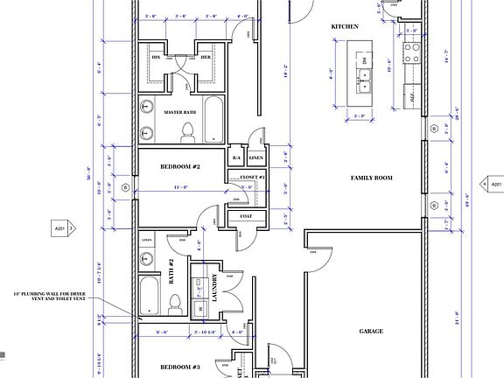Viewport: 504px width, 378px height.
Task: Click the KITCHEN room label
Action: pos(346,27)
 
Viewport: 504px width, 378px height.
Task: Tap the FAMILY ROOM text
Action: pos(370,178)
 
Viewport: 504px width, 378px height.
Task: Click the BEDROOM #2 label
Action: pos(181,165)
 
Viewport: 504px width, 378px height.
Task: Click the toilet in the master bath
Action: pos(185,132)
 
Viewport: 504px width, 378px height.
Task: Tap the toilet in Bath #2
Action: pos(175,304)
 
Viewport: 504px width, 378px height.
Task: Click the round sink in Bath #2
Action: pos(147,258)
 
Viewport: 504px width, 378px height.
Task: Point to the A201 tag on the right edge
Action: pos(492,185)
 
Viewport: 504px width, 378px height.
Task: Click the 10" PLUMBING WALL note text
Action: pos(53,297)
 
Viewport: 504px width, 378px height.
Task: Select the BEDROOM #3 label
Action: pos(181,367)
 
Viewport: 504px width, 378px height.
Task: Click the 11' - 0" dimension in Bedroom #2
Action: pos(180,187)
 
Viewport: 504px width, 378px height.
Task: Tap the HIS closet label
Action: pos(157,58)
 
